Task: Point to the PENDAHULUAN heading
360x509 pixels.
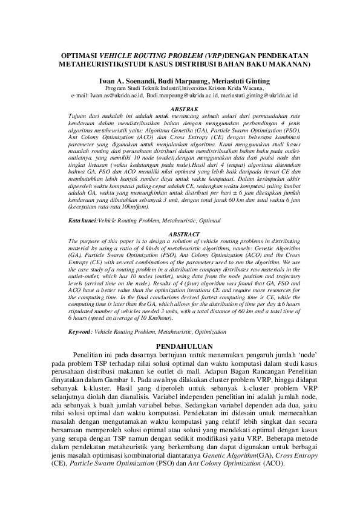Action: coord(180,345)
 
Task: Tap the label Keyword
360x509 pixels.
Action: coord(80,332)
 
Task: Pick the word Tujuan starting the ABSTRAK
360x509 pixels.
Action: coord(77,115)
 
